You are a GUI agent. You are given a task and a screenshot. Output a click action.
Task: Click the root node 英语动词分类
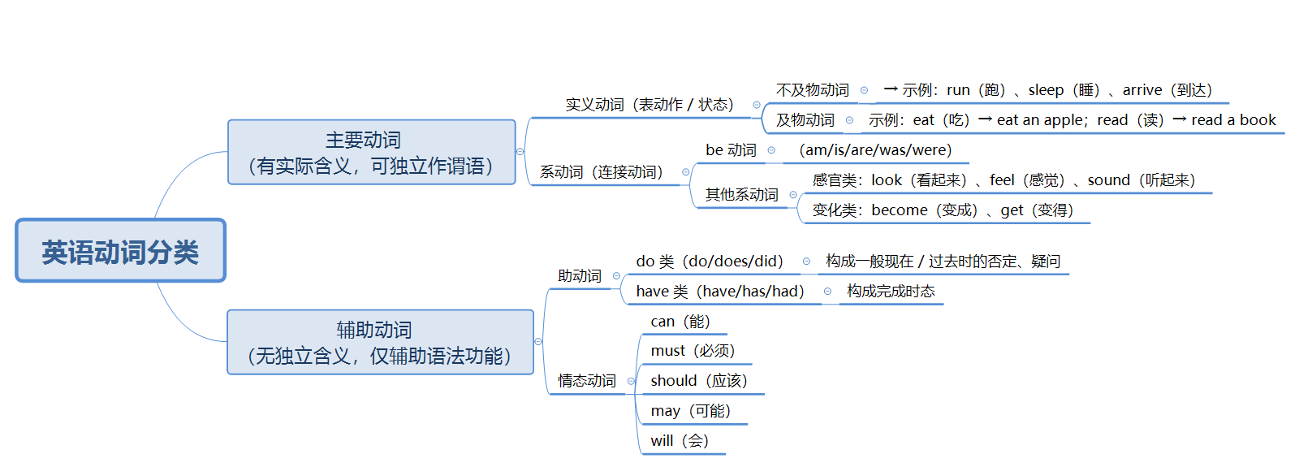pos(120,251)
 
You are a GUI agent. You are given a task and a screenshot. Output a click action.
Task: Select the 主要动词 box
pos(371,153)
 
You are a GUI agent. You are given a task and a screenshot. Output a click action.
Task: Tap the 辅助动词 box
pos(380,343)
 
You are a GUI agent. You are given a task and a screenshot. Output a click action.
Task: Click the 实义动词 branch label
pos(649,105)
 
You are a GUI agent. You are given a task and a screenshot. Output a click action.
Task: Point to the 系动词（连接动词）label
pos(601,172)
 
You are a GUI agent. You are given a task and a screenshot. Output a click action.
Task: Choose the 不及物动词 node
pos(812,90)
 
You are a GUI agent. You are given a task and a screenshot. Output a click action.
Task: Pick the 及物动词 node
pos(805,120)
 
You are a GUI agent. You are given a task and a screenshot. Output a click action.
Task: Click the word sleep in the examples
pos(1046,90)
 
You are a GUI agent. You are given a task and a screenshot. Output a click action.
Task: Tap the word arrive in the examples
pos(1142,90)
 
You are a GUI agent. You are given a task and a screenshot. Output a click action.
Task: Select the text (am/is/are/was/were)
pos(875,150)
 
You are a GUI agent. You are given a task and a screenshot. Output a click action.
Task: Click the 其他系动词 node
pos(741,195)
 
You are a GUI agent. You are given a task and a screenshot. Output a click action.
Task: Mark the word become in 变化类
pos(899,210)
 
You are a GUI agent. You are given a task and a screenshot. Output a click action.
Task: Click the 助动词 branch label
pos(579,276)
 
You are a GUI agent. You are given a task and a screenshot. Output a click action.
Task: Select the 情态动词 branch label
pos(586,381)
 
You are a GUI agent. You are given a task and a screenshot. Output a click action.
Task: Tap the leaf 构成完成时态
pos(891,292)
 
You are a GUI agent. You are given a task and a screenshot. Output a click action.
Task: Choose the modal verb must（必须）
pos(692,351)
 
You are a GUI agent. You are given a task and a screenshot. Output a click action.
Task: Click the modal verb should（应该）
pos(698,381)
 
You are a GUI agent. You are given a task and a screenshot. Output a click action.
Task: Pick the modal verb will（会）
pos(680,441)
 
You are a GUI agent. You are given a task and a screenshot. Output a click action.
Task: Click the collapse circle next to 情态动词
pos(631,381)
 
